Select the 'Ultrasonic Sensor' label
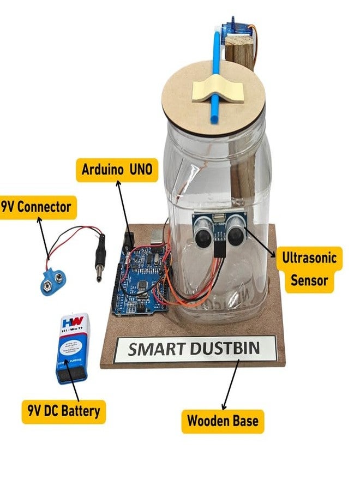pos(309,268)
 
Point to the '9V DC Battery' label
pos(64,410)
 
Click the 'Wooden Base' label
pos(223,421)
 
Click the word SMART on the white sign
pos(154,350)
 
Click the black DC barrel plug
pos(100,257)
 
